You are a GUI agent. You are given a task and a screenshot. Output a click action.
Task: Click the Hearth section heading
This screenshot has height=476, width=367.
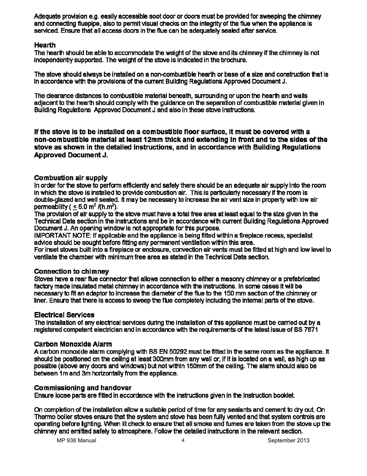pyautogui.click(x=45, y=45)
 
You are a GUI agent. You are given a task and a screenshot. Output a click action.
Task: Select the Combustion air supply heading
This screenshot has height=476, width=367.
pyautogui.click(x=71, y=178)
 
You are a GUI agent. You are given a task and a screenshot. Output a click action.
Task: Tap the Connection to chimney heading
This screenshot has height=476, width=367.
pyautogui.click(x=71, y=271)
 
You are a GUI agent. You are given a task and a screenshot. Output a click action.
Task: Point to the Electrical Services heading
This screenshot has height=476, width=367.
pyautogui.click(x=64, y=315)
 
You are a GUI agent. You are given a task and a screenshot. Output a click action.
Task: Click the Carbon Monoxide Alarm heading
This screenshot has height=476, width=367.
pyautogui.click(x=73, y=344)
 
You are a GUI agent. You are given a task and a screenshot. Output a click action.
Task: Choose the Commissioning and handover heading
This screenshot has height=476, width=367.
pyautogui.click(x=83, y=388)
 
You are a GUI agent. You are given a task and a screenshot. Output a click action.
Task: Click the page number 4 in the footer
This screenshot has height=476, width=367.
pyautogui.click(x=183, y=440)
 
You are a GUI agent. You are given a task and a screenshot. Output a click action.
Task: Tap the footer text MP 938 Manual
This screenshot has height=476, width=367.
pyautogui.click(x=76, y=440)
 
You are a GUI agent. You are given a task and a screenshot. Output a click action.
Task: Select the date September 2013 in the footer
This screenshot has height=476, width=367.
pyautogui.click(x=288, y=440)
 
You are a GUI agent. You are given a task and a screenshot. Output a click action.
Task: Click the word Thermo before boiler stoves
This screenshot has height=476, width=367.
pyautogui.click(x=44, y=417)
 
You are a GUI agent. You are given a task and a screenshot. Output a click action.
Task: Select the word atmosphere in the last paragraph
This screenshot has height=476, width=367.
pyautogui.click(x=132, y=431)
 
